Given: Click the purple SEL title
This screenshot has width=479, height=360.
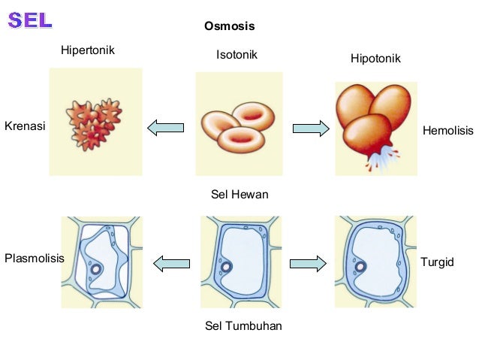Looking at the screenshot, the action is (x=30, y=20).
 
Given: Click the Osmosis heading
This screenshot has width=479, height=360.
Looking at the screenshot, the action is (x=230, y=26).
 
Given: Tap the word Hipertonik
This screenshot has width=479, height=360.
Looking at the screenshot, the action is (x=92, y=50).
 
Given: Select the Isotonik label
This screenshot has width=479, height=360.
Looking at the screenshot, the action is (x=236, y=54).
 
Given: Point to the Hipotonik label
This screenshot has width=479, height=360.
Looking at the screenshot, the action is (x=375, y=58).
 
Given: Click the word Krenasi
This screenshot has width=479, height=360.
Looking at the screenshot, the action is (x=25, y=126).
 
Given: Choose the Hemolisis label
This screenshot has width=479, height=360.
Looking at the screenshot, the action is (x=448, y=130).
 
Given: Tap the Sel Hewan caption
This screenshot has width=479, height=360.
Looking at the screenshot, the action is (x=239, y=195).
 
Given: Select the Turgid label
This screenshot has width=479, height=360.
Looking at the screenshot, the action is (x=437, y=262).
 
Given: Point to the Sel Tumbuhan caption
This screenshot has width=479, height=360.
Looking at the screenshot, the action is (x=243, y=326).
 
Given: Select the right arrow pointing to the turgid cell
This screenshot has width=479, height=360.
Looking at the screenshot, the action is (x=308, y=263).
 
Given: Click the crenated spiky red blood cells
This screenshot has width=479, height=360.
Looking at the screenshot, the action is (x=93, y=123).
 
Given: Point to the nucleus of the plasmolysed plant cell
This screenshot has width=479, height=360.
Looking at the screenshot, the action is (x=96, y=269).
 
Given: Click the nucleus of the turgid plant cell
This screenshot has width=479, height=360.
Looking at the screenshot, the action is (x=361, y=266).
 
